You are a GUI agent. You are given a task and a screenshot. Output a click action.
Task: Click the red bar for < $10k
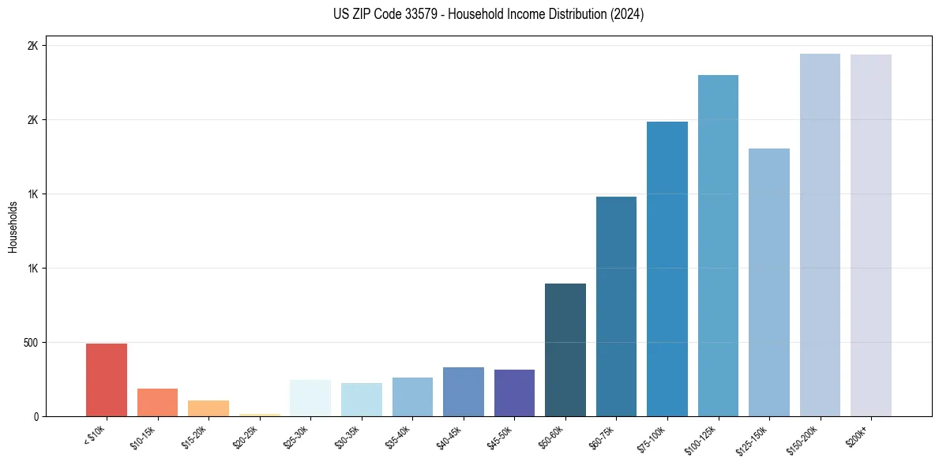(107, 380)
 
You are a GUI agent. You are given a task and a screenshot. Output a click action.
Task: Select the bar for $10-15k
(157, 402)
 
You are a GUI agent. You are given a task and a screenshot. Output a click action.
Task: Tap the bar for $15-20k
(208, 408)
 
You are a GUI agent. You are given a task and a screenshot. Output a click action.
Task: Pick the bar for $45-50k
(514, 393)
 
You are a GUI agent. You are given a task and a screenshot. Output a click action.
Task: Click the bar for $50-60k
(565, 350)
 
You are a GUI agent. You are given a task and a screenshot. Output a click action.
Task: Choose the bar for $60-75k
(616, 306)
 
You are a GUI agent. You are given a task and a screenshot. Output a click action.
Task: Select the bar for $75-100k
(667, 269)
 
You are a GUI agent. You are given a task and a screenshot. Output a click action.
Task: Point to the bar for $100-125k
(718, 246)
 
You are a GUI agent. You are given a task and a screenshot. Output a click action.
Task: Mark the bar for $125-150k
(769, 282)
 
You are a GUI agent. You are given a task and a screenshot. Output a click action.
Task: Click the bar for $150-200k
(820, 235)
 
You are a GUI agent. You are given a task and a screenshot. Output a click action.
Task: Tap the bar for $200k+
(871, 235)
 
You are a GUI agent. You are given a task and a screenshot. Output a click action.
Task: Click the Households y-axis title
(13, 227)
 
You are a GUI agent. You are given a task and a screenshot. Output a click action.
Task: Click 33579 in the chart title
(421, 14)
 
